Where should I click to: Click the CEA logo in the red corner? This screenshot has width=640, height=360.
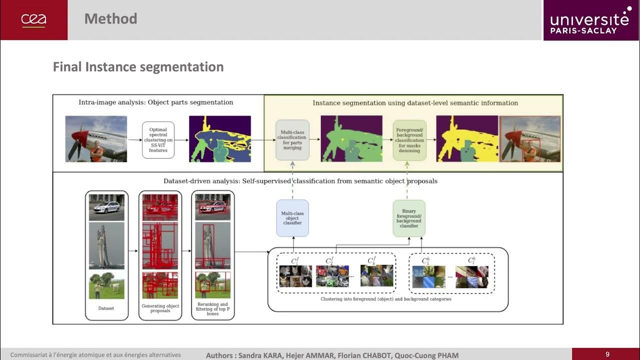33,20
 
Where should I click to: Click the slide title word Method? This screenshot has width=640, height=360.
110,19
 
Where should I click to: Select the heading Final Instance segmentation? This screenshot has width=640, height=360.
138,67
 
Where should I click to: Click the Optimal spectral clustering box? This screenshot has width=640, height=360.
158,139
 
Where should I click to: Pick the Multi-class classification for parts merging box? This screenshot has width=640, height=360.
292,139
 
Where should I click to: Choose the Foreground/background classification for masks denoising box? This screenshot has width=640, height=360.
409,139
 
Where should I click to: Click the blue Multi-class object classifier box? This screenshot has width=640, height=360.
292,218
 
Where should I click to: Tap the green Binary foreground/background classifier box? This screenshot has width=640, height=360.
409,218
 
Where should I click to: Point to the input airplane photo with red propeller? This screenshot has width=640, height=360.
96,138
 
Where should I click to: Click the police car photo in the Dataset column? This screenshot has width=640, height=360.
106,207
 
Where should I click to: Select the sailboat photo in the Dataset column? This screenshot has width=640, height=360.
106,246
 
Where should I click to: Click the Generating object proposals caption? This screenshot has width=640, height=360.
160,308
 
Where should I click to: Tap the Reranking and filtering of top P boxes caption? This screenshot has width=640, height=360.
213,308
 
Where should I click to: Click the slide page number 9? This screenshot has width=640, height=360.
607,354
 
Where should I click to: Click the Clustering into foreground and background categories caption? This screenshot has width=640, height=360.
386,299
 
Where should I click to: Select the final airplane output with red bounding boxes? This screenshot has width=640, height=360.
530,138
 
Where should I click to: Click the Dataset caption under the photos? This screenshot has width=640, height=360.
106,308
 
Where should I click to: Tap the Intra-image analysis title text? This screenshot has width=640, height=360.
156,102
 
